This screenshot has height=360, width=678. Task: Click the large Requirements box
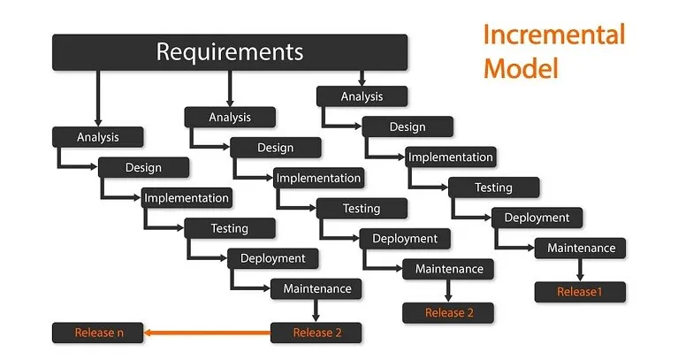[x=230, y=52]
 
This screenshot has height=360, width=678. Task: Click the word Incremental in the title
[x=554, y=34]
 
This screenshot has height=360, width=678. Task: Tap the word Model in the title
[x=521, y=68]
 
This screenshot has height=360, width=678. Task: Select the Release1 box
[x=580, y=292]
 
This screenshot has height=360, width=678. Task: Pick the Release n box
[x=98, y=333]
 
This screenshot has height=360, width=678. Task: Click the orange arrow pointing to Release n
[x=207, y=333]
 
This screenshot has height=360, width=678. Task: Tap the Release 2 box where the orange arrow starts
[x=316, y=333]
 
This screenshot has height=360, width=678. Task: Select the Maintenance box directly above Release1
[x=580, y=248]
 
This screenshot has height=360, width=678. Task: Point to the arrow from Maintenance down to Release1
[x=580, y=270]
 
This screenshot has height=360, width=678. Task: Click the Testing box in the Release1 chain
[x=493, y=188]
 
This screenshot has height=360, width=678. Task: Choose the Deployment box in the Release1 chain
[x=537, y=218]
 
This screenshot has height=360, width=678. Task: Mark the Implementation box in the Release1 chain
[x=450, y=157]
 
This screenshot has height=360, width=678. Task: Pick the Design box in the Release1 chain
[x=408, y=126]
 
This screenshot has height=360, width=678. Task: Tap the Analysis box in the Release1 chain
[x=362, y=96]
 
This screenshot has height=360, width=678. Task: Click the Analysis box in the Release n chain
[x=98, y=137]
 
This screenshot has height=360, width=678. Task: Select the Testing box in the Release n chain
[x=230, y=228]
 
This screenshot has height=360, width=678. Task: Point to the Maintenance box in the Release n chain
[x=316, y=288]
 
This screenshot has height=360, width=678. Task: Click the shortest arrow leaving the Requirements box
[x=362, y=79]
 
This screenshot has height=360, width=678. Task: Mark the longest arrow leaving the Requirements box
[x=98, y=99]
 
